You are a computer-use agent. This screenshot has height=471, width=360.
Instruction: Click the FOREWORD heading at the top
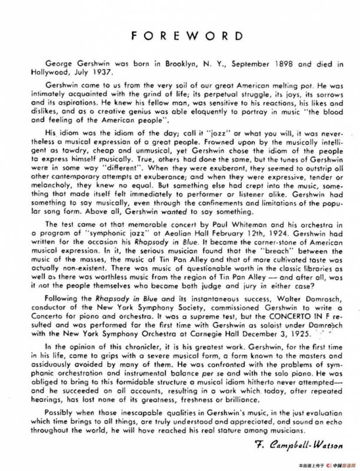[179, 35]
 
